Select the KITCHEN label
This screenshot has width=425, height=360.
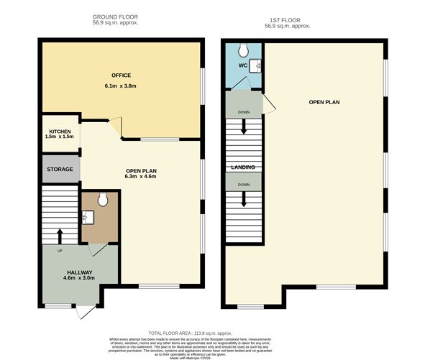click(x=60, y=131)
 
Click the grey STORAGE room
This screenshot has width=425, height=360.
click(x=60, y=169)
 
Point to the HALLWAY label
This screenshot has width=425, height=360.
click(x=79, y=272)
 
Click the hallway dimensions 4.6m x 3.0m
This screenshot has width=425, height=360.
click(x=79, y=279)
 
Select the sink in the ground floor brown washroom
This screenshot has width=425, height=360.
click(x=88, y=215)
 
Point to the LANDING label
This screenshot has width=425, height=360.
click(x=242, y=167)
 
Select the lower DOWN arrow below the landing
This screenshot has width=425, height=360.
click(x=243, y=198)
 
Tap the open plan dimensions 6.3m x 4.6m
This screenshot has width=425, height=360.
click(x=141, y=177)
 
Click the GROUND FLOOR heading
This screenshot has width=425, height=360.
click(x=115, y=17)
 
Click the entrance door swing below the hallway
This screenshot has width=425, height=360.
click(x=86, y=313)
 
